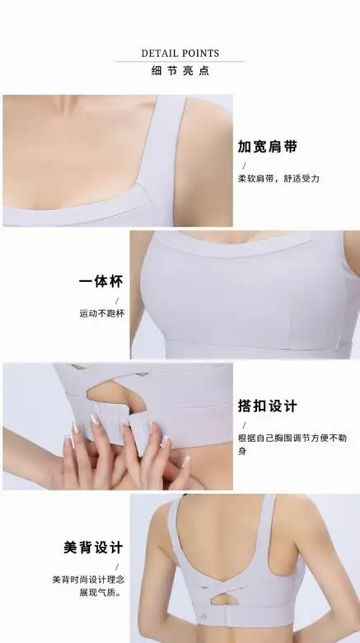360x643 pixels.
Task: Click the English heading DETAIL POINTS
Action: coord(180,54)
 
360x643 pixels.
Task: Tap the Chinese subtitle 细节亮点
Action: coord(180,71)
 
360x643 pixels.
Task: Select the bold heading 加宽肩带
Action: coord(268,147)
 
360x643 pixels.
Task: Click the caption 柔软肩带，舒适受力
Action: coord(278,178)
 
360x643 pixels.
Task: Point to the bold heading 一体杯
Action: coord(101,281)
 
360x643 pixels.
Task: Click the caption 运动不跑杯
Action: coord(101,313)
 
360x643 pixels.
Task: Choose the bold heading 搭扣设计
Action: coord(268,406)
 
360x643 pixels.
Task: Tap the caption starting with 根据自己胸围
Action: coord(292,444)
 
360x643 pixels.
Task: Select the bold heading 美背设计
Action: coord(93,547)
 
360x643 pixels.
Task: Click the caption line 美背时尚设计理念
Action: coord(88,580)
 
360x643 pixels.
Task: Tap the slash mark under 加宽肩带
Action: coord(245,166)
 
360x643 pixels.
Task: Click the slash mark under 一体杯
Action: coord(117,301)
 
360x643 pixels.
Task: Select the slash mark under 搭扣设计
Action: coord(245,425)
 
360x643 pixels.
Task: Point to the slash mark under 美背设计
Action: coord(117,566)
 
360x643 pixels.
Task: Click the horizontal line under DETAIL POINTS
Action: coord(180,62)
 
